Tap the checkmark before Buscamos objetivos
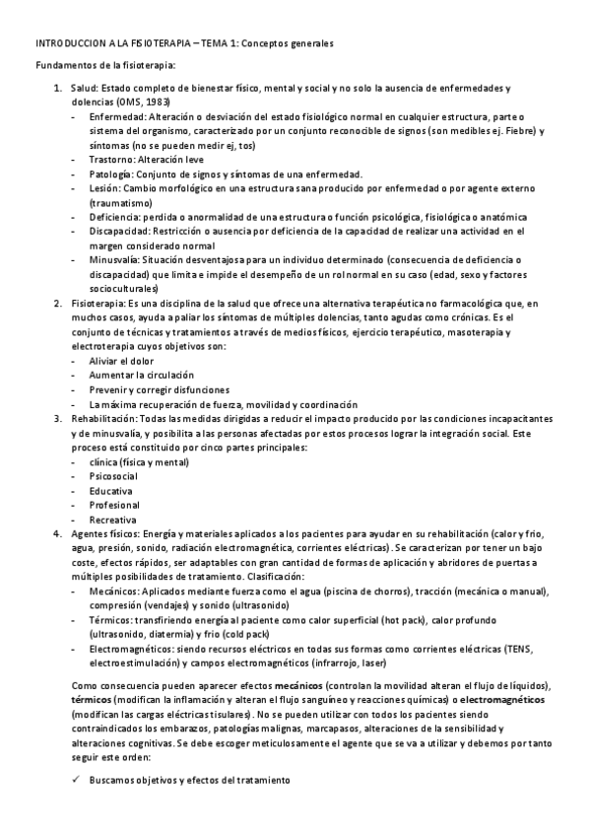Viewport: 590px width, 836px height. pos(77,780)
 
